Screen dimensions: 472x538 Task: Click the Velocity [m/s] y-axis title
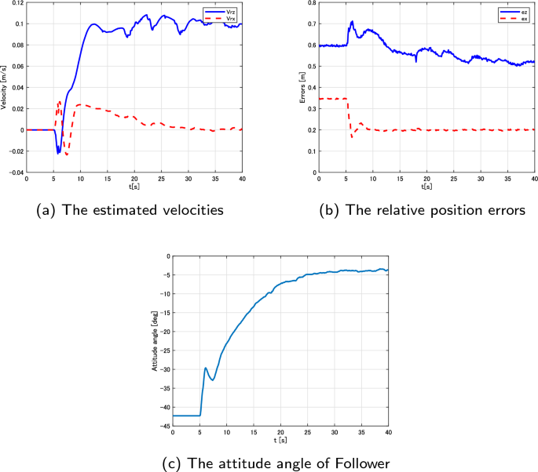(x=5, y=87)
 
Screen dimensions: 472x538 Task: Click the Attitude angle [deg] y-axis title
(x=154, y=340)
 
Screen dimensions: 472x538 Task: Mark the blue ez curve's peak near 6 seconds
(x=352, y=21)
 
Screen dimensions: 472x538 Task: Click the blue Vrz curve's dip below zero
(x=58, y=152)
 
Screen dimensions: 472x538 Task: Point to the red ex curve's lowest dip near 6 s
(x=352, y=137)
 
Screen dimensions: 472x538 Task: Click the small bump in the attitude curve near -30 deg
(x=206, y=368)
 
